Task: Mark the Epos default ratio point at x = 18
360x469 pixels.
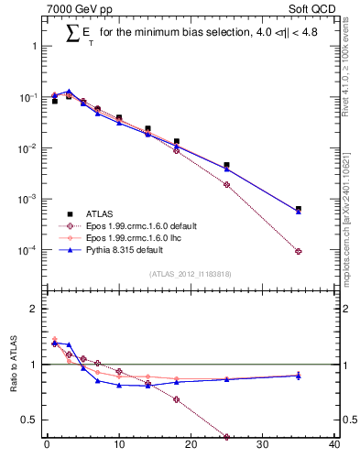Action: (x=176, y=399)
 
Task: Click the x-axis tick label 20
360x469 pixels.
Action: (x=191, y=446)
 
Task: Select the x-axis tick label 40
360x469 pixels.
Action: (x=334, y=446)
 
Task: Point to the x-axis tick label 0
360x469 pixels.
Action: (x=47, y=446)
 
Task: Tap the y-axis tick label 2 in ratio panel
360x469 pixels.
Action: (x=34, y=309)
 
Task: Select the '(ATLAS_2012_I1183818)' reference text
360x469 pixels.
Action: (x=191, y=274)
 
